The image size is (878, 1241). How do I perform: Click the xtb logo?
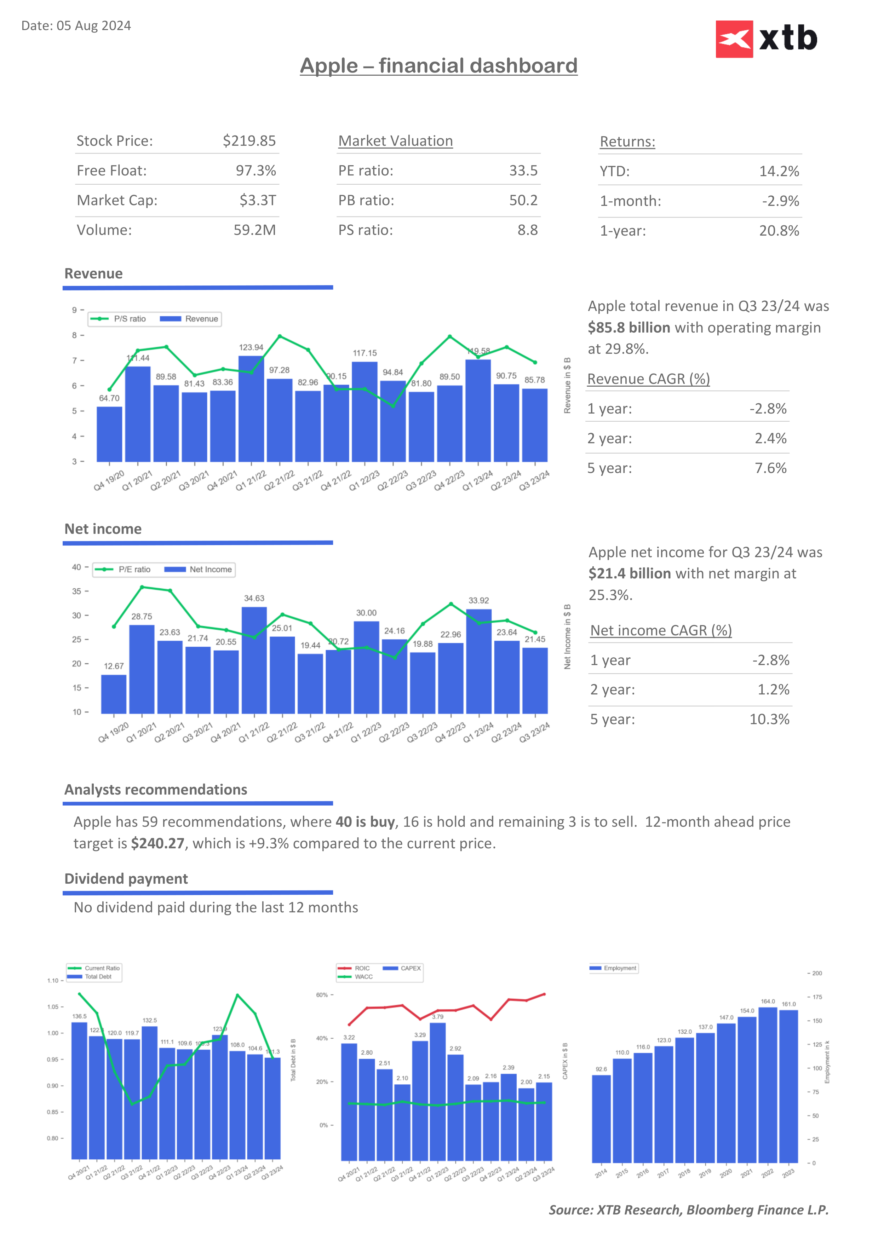click(766, 39)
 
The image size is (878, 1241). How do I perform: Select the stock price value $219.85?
click(249, 141)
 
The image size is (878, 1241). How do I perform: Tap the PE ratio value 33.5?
click(523, 171)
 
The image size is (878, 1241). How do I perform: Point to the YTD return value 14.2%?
click(779, 171)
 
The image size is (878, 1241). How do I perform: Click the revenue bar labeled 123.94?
click(251, 408)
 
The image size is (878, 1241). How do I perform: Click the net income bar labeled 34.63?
click(254, 659)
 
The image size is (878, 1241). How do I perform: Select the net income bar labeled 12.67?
click(114, 694)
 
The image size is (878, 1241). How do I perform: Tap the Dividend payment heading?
click(126, 879)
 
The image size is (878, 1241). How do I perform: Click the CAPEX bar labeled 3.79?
click(437, 1092)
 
